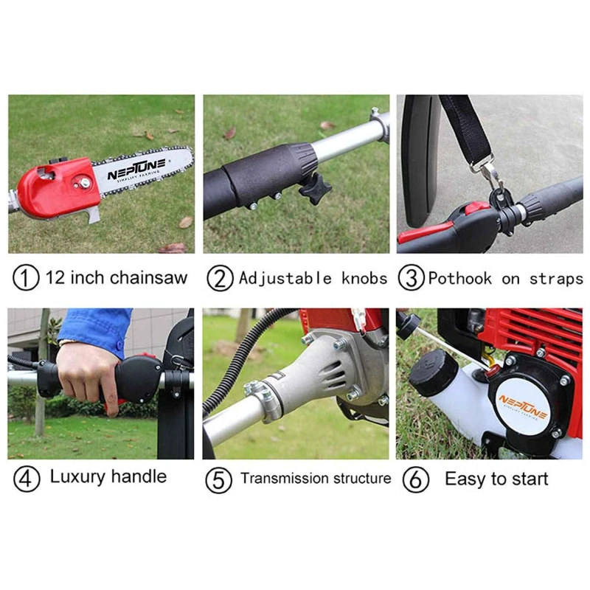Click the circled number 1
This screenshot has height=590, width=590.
26,278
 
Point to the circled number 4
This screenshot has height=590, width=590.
27,479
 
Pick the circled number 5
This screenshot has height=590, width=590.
218,479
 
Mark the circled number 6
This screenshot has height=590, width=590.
416,479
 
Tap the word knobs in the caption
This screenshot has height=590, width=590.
364,278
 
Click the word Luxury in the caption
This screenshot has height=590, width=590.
77,476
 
